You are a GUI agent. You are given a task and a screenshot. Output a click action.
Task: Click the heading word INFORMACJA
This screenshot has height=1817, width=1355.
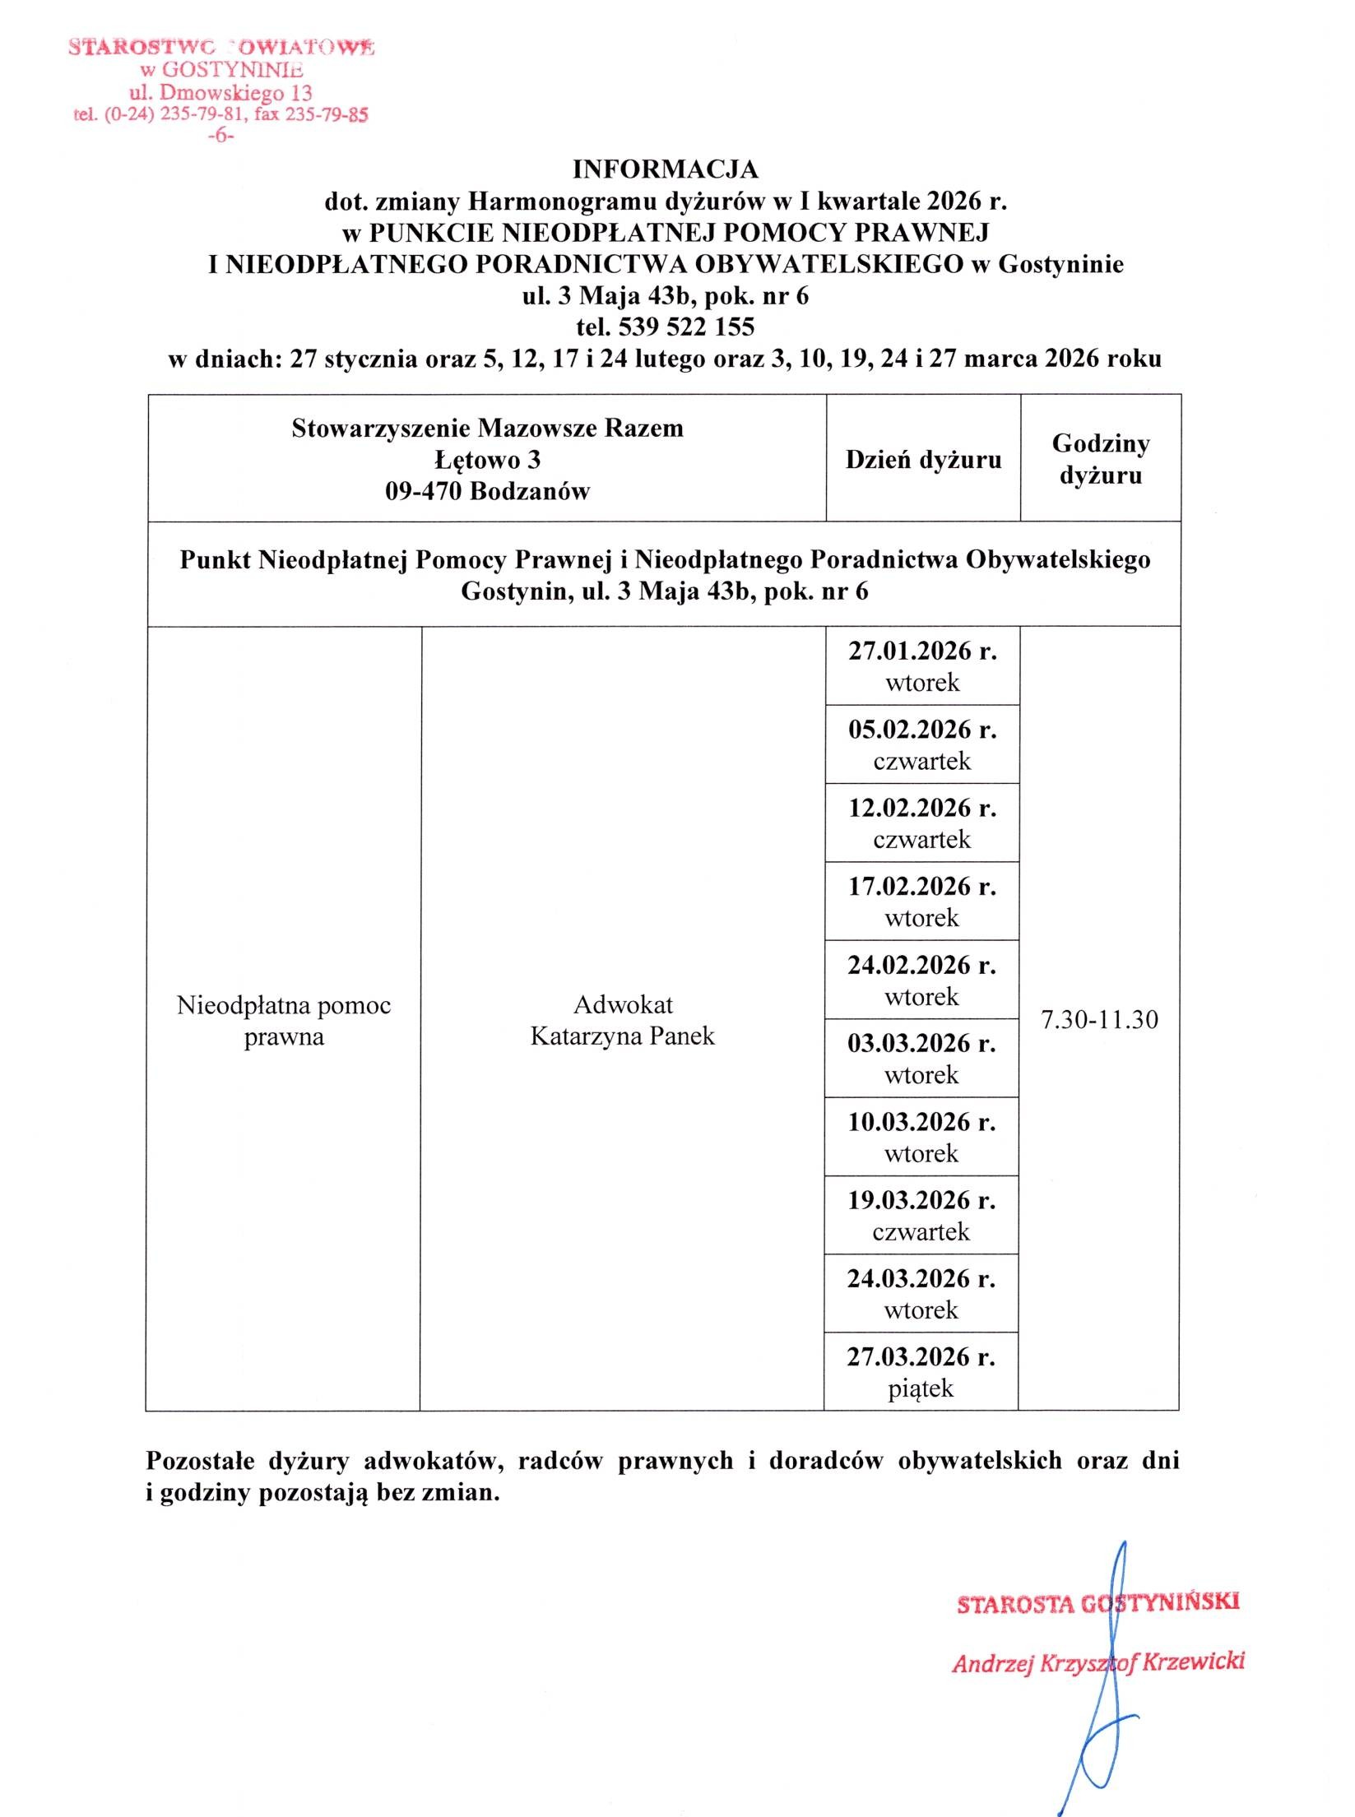(x=665, y=169)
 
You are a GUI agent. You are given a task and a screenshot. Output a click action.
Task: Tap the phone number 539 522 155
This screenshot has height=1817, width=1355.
(x=686, y=327)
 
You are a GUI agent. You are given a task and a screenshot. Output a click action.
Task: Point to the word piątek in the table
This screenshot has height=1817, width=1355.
(x=921, y=1389)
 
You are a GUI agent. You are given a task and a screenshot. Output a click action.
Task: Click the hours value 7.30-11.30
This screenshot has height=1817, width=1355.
(x=1099, y=1020)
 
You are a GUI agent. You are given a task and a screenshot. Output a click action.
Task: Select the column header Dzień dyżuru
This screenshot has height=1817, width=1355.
(x=923, y=460)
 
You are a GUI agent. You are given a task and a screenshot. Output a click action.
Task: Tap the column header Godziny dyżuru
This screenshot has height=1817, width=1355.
(x=1101, y=459)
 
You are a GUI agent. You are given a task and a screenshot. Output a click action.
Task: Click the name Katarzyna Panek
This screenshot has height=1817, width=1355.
(x=622, y=1036)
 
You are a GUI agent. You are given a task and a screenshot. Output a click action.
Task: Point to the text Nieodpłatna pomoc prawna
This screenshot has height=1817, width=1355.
(x=284, y=1021)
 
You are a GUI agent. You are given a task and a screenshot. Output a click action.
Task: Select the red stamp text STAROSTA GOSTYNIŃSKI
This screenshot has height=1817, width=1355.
(x=1097, y=1602)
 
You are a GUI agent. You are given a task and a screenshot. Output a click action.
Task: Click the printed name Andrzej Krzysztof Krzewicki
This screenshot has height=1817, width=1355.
(x=1097, y=1662)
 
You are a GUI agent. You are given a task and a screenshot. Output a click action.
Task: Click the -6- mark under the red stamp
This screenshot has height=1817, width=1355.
(x=220, y=136)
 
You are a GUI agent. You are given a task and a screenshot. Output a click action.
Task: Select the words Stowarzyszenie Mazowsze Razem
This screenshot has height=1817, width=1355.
(x=487, y=429)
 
